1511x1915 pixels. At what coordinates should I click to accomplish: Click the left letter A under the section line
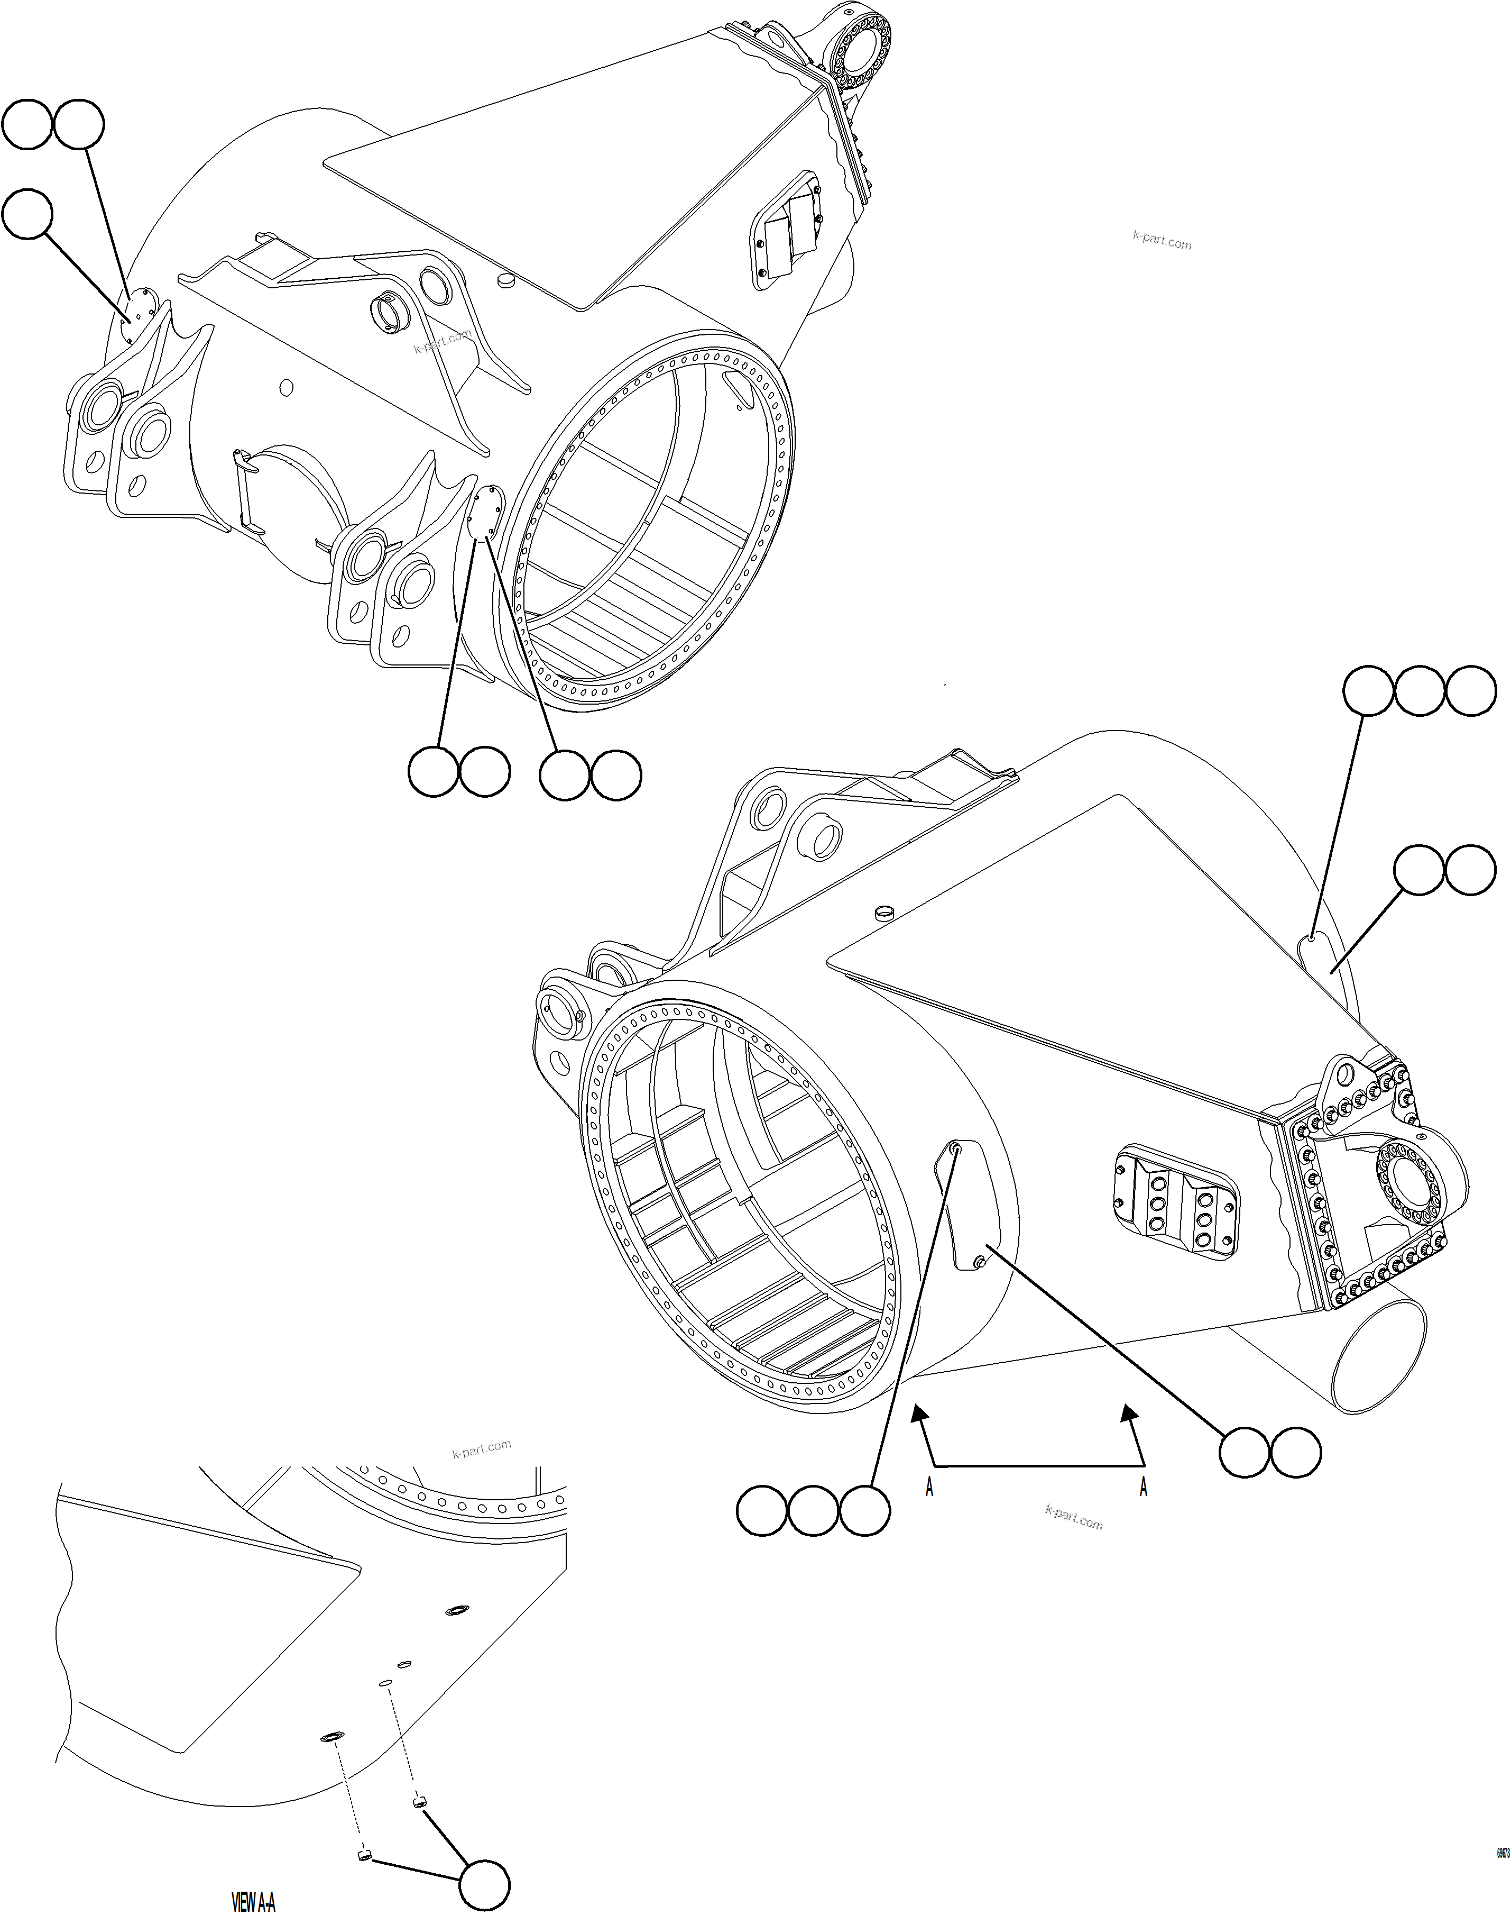click(929, 1489)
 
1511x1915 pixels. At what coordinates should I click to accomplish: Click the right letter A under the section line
click(1143, 1489)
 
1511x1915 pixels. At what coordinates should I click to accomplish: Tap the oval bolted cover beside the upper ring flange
click(485, 512)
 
